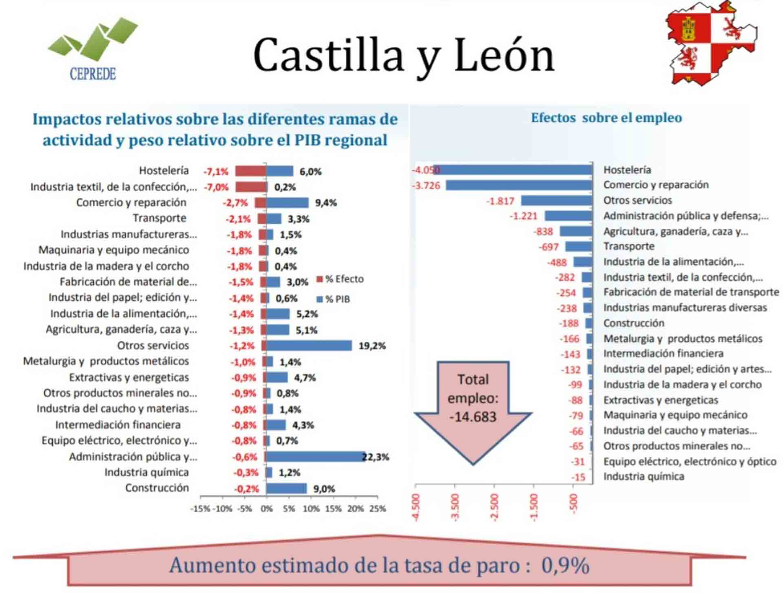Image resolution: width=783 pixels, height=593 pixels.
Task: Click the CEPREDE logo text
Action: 93,74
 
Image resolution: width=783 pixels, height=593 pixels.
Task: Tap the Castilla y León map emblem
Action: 711,44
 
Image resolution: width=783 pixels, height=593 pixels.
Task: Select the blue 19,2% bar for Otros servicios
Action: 309,346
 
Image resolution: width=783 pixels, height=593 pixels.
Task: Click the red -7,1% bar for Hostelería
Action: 250,171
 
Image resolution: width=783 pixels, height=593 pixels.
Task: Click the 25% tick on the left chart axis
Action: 378,509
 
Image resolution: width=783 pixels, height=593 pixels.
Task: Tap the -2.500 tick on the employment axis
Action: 494,507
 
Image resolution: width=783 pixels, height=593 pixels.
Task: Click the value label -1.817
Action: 500,201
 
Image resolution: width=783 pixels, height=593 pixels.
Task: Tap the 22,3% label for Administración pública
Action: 375,457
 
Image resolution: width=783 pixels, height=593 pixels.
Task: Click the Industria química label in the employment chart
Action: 644,476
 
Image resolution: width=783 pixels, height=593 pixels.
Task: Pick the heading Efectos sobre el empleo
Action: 606,118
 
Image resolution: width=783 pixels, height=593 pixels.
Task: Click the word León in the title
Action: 504,55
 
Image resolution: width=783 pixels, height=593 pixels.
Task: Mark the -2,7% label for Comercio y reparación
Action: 235,203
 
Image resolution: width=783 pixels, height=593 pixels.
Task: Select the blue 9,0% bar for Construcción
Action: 286,489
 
